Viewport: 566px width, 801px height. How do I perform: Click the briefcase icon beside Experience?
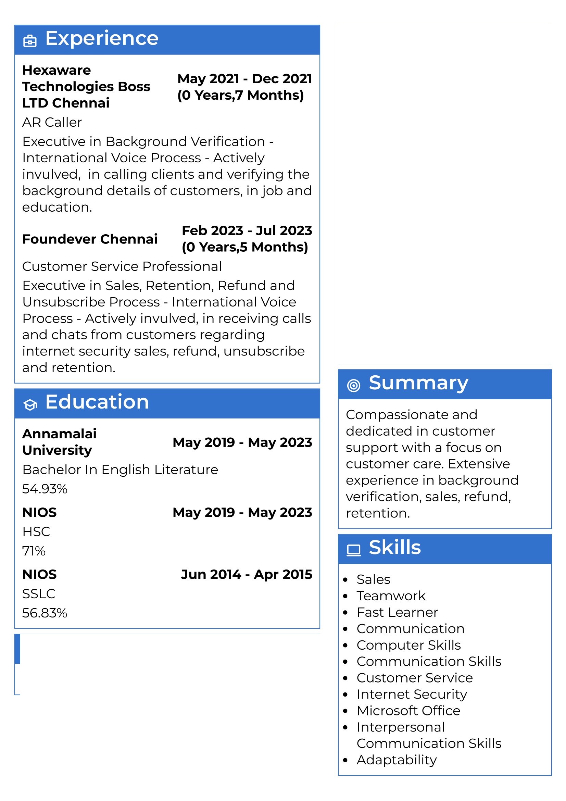tap(30, 41)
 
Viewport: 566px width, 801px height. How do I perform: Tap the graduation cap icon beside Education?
tap(30, 405)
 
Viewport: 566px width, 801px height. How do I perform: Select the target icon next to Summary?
tap(353, 386)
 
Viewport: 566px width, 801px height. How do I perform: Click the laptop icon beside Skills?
tap(353, 550)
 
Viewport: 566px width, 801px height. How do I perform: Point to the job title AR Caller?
tap(52, 123)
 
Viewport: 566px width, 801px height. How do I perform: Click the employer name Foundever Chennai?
tap(90, 239)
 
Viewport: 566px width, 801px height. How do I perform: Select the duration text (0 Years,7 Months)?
tap(240, 95)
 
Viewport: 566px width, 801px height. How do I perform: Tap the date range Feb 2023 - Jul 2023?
tap(247, 230)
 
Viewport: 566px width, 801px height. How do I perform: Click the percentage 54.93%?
tap(45, 489)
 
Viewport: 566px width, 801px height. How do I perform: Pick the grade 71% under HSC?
tap(34, 551)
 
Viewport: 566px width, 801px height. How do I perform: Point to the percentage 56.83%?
tap(45, 613)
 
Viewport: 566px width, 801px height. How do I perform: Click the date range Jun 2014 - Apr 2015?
tap(246, 574)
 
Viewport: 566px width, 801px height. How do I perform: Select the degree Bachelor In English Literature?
tap(120, 470)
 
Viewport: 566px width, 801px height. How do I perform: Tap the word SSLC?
tap(39, 594)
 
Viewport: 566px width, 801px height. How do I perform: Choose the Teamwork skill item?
tap(391, 596)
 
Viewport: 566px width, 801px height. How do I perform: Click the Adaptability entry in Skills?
tap(397, 760)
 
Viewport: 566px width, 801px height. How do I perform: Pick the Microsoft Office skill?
tap(408, 711)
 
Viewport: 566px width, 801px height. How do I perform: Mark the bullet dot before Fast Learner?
tap(345, 613)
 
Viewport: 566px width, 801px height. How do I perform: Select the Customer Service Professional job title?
tap(122, 266)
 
